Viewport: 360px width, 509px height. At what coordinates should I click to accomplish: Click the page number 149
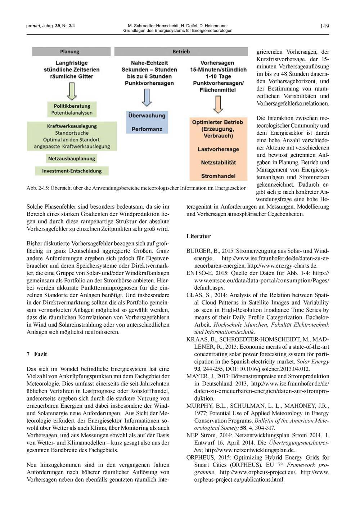point(324,26)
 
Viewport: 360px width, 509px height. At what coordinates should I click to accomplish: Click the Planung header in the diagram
point(69,52)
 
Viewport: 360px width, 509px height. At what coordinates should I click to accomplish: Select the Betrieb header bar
point(181,52)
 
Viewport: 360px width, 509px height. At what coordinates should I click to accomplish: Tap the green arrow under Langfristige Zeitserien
point(72,92)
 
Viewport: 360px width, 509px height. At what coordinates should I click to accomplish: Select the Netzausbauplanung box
point(72,158)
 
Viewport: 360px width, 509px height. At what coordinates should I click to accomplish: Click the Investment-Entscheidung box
point(72,171)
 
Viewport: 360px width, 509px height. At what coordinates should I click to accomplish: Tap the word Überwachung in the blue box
point(147,116)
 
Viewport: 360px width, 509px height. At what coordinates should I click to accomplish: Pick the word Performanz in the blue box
point(147,129)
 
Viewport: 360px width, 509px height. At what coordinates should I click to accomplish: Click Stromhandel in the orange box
point(218,176)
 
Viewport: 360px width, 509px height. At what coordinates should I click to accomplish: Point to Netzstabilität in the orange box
point(218,163)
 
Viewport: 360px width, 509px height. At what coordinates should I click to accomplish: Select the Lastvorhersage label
point(218,149)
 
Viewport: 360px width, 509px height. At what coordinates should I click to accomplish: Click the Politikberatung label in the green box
point(72,106)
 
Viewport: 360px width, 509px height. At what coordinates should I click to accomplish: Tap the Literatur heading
point(198,236)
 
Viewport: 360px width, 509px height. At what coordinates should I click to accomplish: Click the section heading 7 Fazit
point(37,354)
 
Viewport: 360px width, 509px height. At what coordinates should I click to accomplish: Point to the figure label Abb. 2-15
point(37,188)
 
